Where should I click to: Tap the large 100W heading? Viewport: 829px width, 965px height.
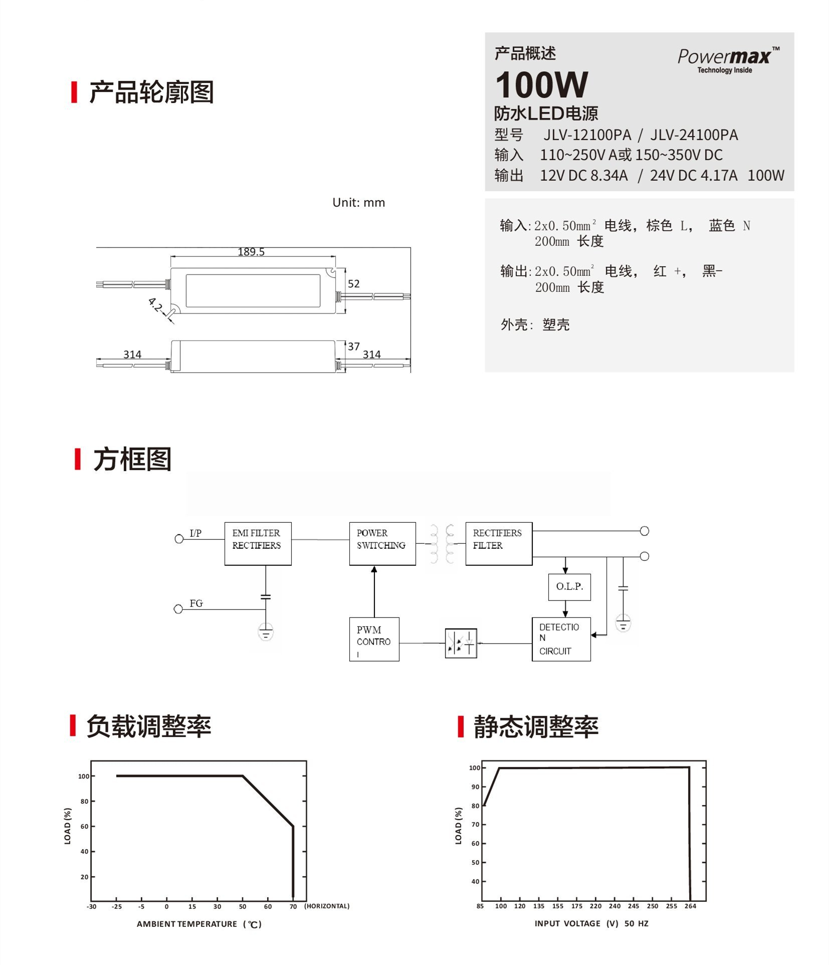[x=541, y=85]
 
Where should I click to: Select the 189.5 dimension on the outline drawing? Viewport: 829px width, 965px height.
[x=251, y=252]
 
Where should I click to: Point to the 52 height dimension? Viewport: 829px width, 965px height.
[x=353, y=284]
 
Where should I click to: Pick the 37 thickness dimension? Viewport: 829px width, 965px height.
[x=353, y=347]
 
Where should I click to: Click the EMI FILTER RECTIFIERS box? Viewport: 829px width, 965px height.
[x=258, y=544]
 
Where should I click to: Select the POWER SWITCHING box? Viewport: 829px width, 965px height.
[x=382, y=544]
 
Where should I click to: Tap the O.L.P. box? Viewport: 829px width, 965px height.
[x=569, y=586]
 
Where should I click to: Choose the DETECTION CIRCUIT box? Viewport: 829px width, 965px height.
[x=561, y=639]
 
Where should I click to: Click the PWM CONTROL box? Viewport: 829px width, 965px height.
[x=374, y=639]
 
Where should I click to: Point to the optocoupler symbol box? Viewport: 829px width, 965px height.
[x=461, y=643]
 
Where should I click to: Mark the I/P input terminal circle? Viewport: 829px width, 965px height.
[x=179, y=539]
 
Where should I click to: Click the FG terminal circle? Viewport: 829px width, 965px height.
[x=178, y=609]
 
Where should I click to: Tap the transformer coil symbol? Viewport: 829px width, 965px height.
[x=442, y=544]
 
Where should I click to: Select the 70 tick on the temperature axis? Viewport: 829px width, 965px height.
[x=293, y=906]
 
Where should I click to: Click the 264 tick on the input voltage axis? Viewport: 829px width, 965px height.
[x=690, y=906]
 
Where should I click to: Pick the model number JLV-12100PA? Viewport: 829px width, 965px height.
[x=587, y=135]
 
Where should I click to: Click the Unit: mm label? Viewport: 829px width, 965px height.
[x=358, y=203]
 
